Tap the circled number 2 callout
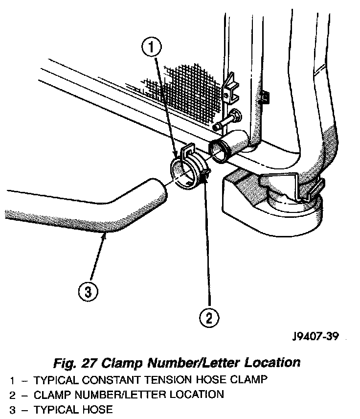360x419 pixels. point(209,318)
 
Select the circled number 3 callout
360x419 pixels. point(87,293)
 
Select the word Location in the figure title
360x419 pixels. point(273,363)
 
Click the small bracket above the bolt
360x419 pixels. point(229,88)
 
